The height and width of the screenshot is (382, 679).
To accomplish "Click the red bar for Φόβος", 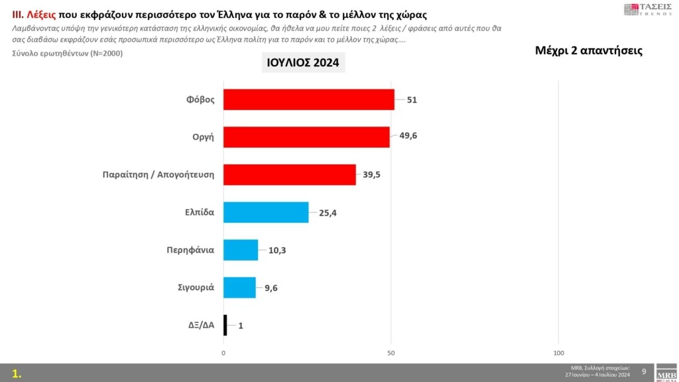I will coord(308,99).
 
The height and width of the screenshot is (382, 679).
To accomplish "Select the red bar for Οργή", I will coord(306,137).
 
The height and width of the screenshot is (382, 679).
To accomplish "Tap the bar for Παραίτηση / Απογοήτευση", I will coord(289,174).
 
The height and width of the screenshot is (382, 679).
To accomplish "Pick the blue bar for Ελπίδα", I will coord(266,212).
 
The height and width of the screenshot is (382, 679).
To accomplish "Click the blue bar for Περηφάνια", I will coord(241,250).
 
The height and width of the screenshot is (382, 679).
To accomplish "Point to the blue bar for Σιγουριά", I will coord(239,288).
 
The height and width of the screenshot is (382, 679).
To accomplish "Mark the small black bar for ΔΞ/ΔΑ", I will coord(225,325).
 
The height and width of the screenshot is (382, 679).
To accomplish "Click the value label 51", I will coord(412,100).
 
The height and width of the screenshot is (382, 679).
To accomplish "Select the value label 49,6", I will coord(409,136).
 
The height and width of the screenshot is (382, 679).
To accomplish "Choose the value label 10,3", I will coord(278,250).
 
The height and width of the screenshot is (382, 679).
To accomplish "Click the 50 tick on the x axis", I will coord(391,352).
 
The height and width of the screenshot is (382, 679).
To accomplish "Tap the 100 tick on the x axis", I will coord(559,352).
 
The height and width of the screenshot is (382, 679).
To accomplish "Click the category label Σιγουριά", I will coord(195,288).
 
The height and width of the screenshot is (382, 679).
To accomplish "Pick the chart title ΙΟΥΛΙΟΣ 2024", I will coord(302,63).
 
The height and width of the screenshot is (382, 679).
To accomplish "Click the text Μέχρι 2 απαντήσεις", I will coord(588,50).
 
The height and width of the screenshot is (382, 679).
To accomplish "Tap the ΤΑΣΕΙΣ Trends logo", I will coord(648,9).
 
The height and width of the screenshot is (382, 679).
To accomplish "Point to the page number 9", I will coord(644,371).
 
